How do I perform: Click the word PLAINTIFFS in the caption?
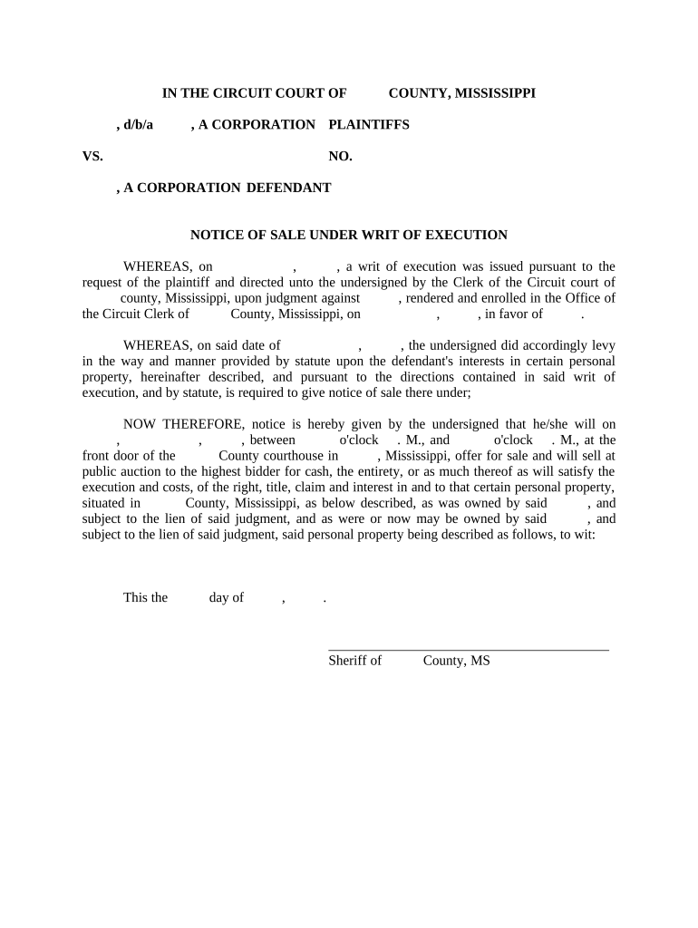point(368,124)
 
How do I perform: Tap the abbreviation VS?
point(92,156)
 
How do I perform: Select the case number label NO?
point(340,156)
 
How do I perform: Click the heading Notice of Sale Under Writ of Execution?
point(348,235)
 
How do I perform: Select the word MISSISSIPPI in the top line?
point(494,92)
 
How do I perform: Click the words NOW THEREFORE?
point(183,424)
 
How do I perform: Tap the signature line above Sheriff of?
point(468,649)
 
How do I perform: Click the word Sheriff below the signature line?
point(347,661)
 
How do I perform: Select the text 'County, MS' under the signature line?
point(456,661)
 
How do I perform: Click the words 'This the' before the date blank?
point(145,597)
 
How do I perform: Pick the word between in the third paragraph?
point(272,440)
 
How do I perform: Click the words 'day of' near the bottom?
point(226,597)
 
